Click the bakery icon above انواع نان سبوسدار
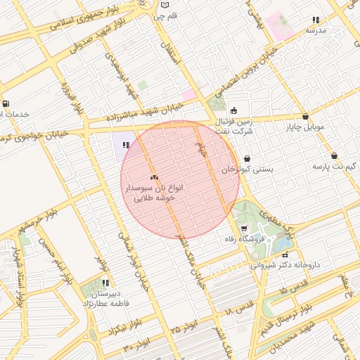coord(154,177)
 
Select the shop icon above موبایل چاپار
coord(305,117)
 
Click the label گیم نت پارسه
coord(330,166)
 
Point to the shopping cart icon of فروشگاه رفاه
coord(244,229)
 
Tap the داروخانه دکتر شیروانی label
coord(285,265)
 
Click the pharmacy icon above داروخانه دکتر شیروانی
coord(285,254)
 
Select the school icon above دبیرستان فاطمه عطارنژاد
coord(106,283)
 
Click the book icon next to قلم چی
coord(184,15)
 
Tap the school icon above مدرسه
coord(316,20)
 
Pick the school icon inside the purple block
coord(126,145)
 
